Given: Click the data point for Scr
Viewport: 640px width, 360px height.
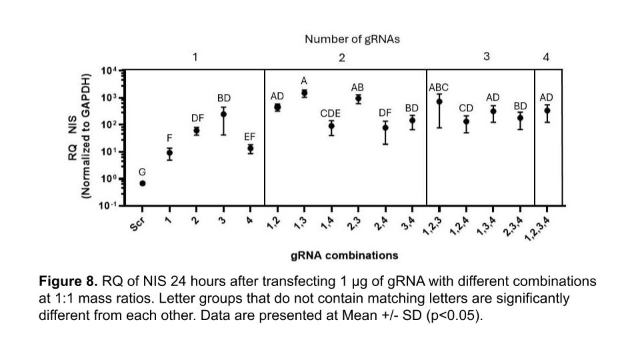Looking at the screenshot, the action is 143,183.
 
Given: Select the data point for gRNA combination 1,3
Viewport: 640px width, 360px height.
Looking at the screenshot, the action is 304,93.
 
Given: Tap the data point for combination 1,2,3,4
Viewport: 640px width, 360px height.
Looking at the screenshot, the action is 547,110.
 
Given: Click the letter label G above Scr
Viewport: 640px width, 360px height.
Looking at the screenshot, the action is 142,172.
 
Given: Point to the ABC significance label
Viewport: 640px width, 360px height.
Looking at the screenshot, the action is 439,87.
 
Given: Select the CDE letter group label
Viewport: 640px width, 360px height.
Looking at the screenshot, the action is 330,113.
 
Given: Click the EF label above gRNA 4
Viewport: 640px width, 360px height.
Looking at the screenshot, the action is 249,137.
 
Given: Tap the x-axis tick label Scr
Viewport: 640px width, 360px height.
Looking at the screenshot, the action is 138,224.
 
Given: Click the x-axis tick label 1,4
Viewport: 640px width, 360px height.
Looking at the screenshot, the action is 328,223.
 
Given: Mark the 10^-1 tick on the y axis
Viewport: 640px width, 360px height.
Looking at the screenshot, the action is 109,205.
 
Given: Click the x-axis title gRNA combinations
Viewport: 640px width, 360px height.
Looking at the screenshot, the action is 345,255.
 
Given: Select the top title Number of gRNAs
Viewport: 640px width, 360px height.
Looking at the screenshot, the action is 352,39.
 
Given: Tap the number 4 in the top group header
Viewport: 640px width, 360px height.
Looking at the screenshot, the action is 546,57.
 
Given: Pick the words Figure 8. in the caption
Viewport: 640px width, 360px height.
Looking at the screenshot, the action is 68,281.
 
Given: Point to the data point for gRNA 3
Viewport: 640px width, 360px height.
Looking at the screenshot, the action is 223,114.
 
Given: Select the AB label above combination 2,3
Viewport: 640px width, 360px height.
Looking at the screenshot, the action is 357,87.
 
